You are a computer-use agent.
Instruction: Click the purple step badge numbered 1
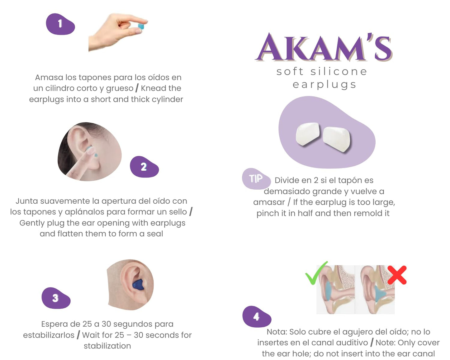60,24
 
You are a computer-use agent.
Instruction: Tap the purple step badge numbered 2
144,167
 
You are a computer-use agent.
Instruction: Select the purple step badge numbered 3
56,298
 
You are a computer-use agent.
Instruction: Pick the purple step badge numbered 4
257,317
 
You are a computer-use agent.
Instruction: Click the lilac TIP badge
256,179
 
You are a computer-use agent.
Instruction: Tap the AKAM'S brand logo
324,47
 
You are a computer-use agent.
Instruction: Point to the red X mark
397,275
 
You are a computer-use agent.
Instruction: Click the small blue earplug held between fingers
141,26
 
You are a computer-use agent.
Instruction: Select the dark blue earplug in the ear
138,285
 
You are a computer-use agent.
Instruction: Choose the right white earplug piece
336,138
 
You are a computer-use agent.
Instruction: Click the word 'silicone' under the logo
339,72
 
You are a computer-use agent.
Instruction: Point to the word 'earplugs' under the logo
324,85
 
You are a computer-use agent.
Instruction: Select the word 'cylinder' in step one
168,99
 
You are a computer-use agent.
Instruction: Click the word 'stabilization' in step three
107,346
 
